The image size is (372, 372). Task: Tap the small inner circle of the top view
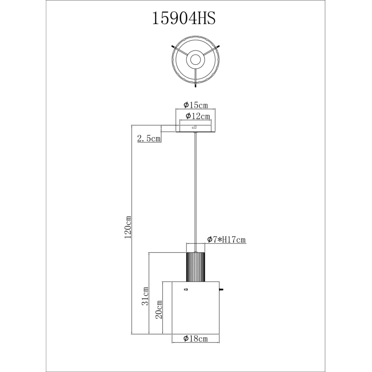pyautogui.click(x=195, y=60)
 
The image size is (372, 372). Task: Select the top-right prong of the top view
pyautogui.click(x=218, y=46)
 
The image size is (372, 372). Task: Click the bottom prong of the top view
pyautogui.click(x=195, y=85)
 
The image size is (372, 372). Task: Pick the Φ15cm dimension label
pyautogui.click(x=195, y=105)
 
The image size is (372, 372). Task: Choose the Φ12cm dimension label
pyautogui.click(x=198, y=116)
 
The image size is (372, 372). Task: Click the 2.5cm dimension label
pyautogui.click(x=149, y=138)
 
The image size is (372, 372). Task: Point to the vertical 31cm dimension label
pyautogui.click(x=146, y=296)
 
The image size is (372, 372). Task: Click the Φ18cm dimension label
pyautogui.click(x=195, y=339)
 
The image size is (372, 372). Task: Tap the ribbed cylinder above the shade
pyautogui.click(x=195, y=267)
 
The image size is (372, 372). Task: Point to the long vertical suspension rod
pyautogui.click(x=195, y=189)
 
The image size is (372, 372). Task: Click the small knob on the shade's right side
pyautogui.click(x=221, y=290)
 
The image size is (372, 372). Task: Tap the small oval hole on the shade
pyautogui.click(x=186, y=290)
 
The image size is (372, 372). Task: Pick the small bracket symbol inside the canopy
pyautogui.click(x=194, y=127)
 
